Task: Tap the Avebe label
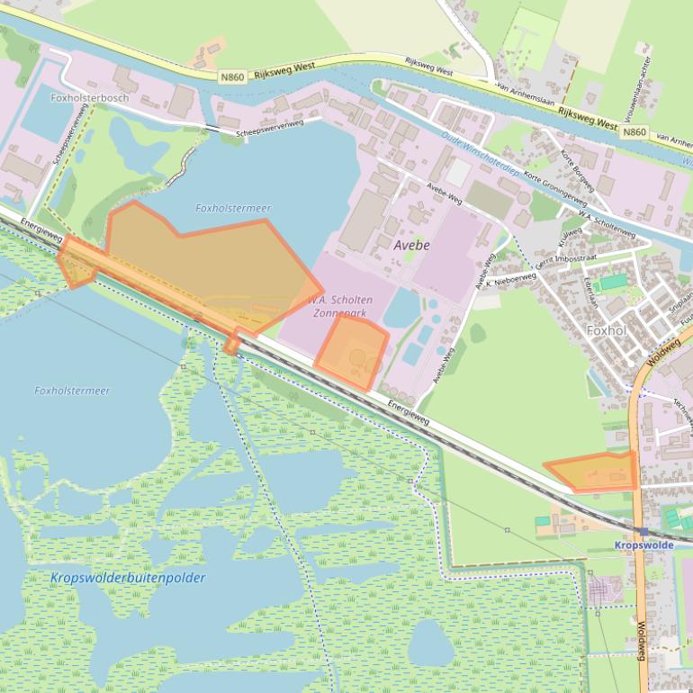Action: click(x=412, y=245)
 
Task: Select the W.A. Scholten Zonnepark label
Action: click(x=339, y=306)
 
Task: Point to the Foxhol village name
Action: click(x=605, y=330)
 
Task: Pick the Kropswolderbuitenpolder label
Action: click(x=128, y=578)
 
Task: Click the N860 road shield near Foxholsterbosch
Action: click(x=230, y=79)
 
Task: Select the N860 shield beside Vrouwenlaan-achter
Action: click(x=634, y=132)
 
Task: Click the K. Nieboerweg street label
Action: click(x=510, y=280)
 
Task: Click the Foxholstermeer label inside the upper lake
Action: click(x=232, y=209)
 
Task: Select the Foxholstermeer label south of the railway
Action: click(x=72, y=391)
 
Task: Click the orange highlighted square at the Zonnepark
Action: click(x=353, y=353)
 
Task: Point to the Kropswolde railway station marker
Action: click(x=641, y=531)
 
